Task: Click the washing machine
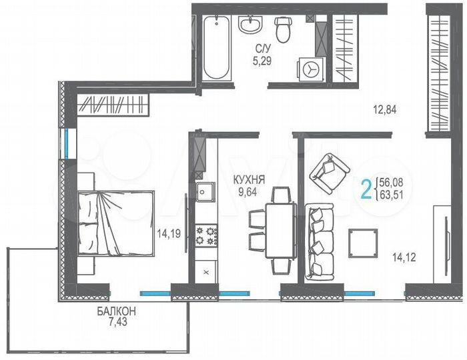(311, 68)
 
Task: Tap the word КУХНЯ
(248, 179)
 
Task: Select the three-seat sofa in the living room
(320, 241)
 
